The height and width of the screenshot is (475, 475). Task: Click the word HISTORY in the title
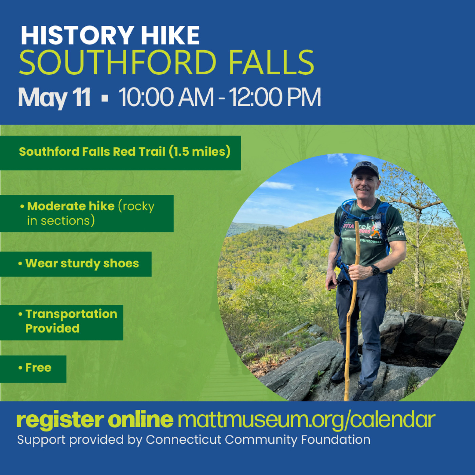[77, 36]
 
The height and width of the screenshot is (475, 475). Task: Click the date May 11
[54, 98]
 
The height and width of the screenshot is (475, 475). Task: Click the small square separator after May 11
[105, 98]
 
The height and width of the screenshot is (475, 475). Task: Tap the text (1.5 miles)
[199, 151]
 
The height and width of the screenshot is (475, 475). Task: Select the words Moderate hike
[71, 206]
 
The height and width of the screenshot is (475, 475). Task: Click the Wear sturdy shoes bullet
[79, 264]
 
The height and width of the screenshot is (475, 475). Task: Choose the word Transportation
[72, 314]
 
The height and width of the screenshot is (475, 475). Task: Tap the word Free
[38, 368]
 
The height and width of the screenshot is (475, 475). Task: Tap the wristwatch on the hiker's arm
[376, 270]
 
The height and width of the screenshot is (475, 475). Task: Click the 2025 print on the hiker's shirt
[365, 231]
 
